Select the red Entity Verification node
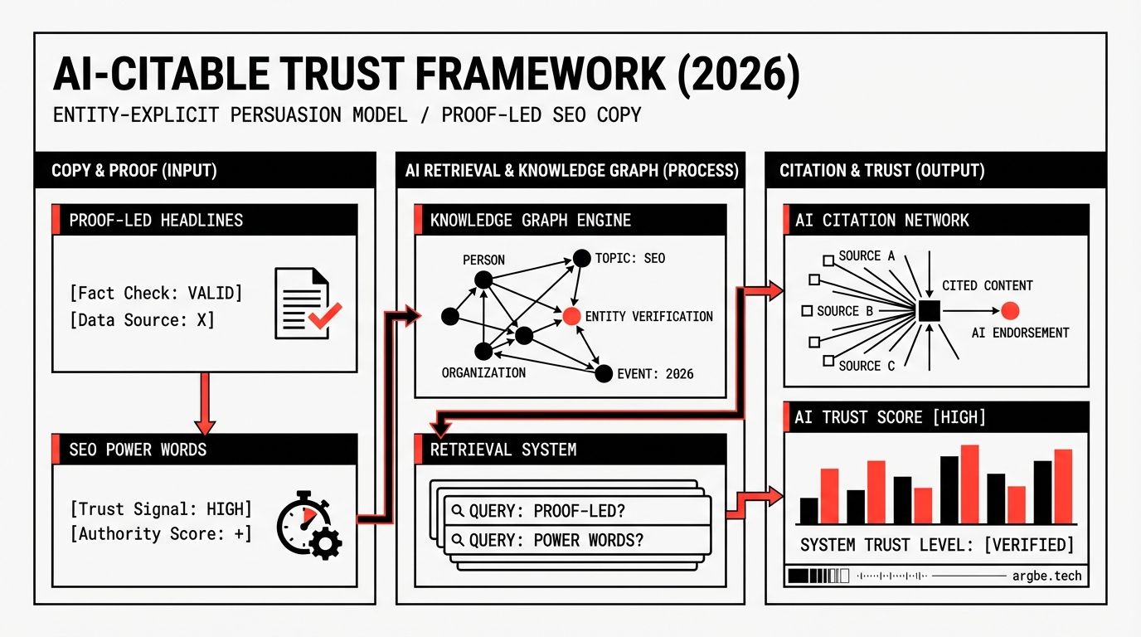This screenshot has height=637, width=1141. pyautogui.click(x=570, y=316)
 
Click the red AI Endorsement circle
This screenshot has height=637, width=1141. pyautogui.click(x=1009, y=311)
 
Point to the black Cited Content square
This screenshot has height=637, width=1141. pyautogui.click(x=928, y=311)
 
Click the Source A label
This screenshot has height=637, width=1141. pyautogui.click(x=867, y=256)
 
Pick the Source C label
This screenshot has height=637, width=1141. pyautogui.click(x=867, y=365)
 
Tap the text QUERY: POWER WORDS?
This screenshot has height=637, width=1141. pyautogui.click(x=556, y=540)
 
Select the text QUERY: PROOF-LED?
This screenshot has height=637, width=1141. pyautogui.click(x=545, y=511)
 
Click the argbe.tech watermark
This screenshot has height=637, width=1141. pyautogui.click(x=1047, y=575)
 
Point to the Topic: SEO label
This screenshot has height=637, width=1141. pyautogui.click(x=630, y=258)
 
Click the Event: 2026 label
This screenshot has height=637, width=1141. pyautogui.click(x=655, y=373)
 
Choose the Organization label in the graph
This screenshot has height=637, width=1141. pyautogui.click(x=483, y=372)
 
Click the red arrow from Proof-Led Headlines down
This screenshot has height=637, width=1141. pyautogui.click(x=205, y=401)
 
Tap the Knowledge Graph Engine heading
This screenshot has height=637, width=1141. pyautogui.click(x=531, y=221)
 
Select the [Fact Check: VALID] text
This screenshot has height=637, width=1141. pyautogui.click(x=157, y=293)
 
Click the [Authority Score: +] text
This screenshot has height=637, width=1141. pyautogui.click(x=161, y=533)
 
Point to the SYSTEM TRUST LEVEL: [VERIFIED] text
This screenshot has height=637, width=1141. pyautogui.click(x=936, y=545)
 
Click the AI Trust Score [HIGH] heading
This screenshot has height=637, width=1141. pyautogui.click(x=890, y=417)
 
